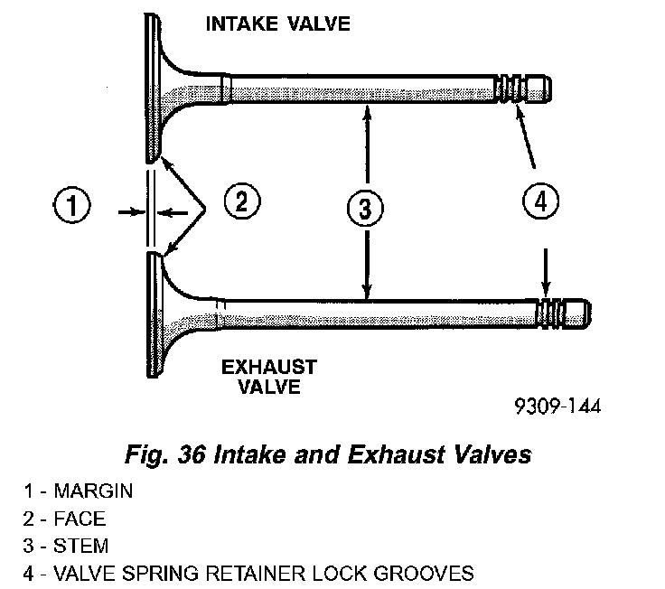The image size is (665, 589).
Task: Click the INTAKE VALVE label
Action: click(x=278, y=23)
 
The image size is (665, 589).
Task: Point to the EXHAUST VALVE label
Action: click(x=269, y=378)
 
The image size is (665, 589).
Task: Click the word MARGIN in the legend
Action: click(x=93, y=492)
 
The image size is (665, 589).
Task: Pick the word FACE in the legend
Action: click(x=80, y=519)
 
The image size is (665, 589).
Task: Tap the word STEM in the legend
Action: click(x=81, y=547)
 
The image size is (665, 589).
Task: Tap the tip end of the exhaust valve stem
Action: click(x=586, y=313)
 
